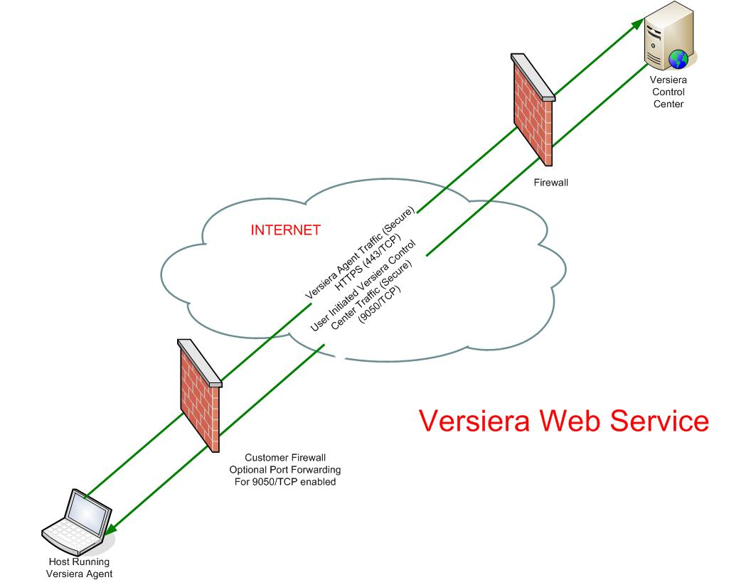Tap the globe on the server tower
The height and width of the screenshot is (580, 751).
pos(678,56)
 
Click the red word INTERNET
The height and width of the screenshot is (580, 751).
pos(285,230)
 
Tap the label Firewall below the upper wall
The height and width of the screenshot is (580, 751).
pos(551,183)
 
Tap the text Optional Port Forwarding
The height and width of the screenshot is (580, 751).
pos(284,470)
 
